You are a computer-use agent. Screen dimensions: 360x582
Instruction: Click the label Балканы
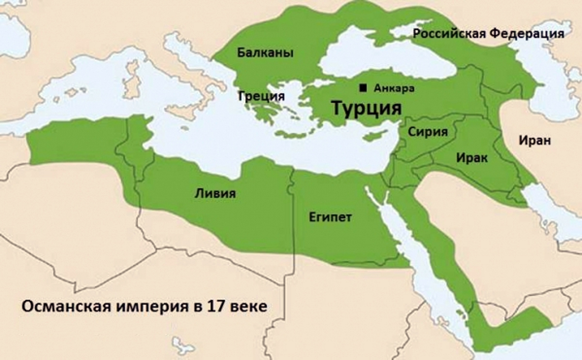click(265, 53)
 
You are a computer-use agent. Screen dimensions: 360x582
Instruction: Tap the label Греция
click(261, 95)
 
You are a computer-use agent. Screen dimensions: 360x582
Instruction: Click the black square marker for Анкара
click(363, 88)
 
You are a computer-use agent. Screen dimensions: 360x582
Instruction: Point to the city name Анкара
click(394, 88)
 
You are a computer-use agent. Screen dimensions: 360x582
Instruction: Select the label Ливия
click(215, 194)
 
